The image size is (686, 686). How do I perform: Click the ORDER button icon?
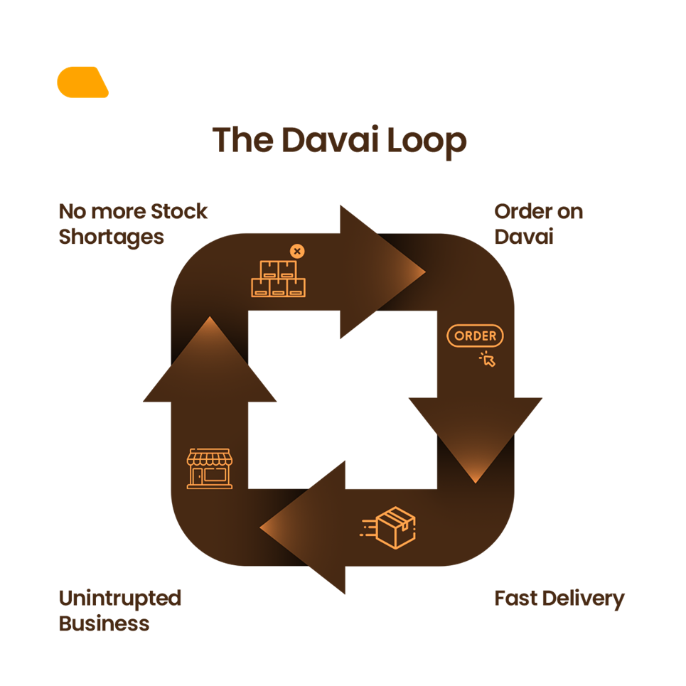point(475,336)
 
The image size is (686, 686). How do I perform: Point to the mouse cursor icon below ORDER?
point(488,359)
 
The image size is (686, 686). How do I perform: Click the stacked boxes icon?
point(277,279)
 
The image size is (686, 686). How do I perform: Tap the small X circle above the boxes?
point(297,251)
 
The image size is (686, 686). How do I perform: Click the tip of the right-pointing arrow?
point(424,272)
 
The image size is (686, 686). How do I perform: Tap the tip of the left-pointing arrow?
point(262,527)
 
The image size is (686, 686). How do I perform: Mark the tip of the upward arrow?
point(210,318)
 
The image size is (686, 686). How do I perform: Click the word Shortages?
point(111,237)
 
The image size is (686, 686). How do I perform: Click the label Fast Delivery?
point(559,599)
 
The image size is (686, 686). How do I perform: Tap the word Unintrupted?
point(119,599)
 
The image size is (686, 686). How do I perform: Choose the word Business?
point(104,623)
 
